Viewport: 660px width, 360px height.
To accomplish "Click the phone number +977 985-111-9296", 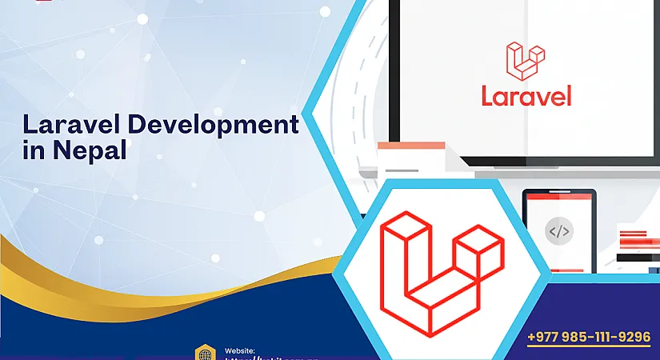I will click(x=589, y=337).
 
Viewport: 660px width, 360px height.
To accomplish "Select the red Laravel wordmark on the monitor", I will click(x=526, y=96).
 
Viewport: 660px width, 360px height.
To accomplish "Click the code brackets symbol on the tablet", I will click(x=558, y=232).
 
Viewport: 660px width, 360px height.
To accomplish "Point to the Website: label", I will click(x=240, y=350).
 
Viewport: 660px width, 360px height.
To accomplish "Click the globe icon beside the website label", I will click(x=204, y=353).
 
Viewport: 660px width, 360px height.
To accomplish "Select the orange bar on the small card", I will click(x=411, y=146).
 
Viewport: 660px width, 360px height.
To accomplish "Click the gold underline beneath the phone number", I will click(x=589, y=347).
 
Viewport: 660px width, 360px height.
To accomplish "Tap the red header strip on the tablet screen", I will click(x=558, y=197).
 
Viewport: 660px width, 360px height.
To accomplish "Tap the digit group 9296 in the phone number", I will click(x=633, y=337).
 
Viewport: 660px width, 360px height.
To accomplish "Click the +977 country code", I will click(x=544, y=337).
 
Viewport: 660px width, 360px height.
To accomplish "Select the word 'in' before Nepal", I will click(x=34, y=150).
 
